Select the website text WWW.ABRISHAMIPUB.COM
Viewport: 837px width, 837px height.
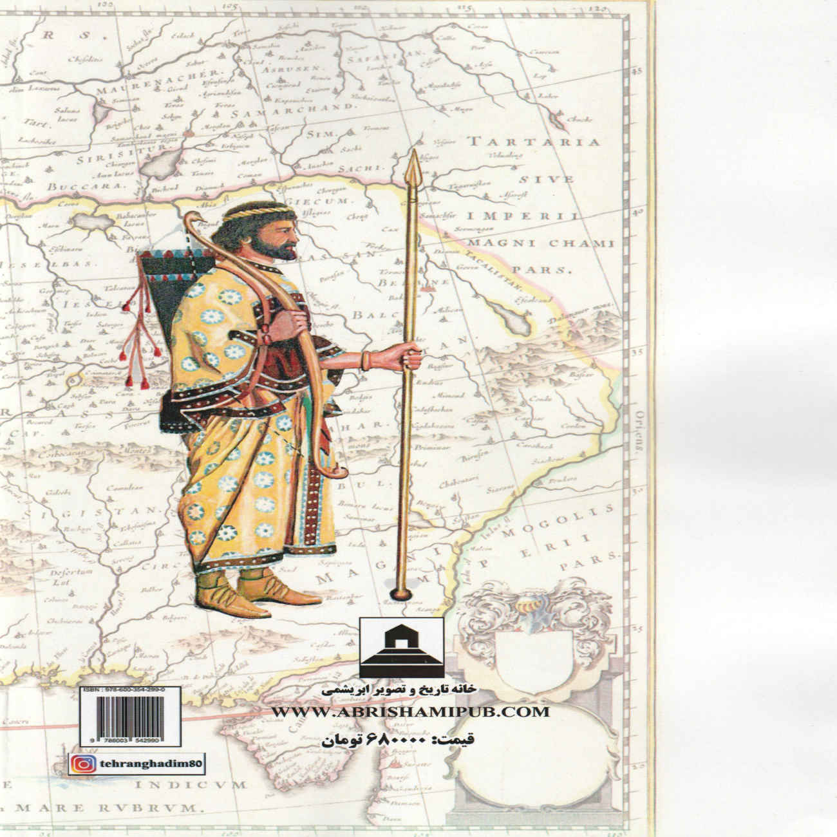tap(410, 711)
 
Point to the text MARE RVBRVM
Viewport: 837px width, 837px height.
tap(116, 805)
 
